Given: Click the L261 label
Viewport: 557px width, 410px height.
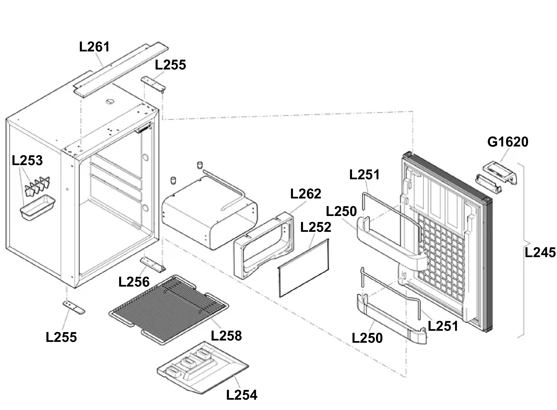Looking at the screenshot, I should point(94,47).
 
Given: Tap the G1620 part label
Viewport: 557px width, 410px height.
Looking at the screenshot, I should point(507,142).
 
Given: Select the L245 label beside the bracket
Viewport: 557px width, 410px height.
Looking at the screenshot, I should point(540,252).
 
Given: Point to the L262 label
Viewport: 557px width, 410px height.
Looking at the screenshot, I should point(306,194).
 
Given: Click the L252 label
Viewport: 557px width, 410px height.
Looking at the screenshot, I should point(316,227).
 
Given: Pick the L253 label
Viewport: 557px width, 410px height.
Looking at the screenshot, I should point(27,160).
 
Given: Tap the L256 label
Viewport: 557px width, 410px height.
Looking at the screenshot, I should point(134,282).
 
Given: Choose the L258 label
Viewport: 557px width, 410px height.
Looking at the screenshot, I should point(226,336).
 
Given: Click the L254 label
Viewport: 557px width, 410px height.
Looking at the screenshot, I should point(242,395).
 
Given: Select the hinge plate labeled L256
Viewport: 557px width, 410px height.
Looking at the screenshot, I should point(153,264).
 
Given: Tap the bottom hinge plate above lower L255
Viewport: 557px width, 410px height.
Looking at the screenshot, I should point(74,307).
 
